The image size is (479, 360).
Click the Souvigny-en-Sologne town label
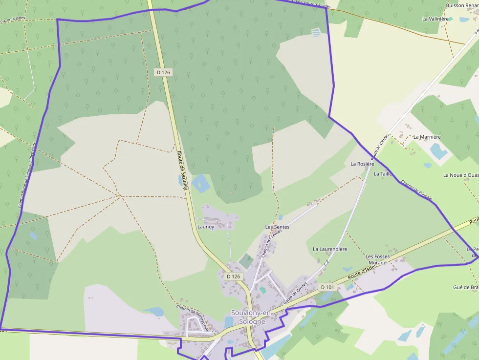(x=248, y=317)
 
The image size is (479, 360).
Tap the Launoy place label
(x=205, y=227)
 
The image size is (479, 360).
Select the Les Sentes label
(x=277, y=227)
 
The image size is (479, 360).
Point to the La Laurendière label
(x=330, y=249)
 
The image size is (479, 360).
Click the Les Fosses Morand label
(x=376, y=259)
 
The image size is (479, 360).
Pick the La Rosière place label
(x=362, y=164)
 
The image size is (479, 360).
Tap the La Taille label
(x=383, y=173)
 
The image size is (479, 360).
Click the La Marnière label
(x=427, y=137)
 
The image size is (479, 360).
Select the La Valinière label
(x=435, y=19)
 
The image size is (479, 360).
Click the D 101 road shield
(x=327, y=287)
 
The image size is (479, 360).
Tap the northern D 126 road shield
(x=163, y=72)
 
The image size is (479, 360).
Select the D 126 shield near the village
(x=234, y=276)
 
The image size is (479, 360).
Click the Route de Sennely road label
(x=183, y=169)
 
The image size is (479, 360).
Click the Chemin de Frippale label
(x=417, y=190)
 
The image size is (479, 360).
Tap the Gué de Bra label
(x=466, y=287)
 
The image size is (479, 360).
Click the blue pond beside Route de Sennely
(x=200, y=183)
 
